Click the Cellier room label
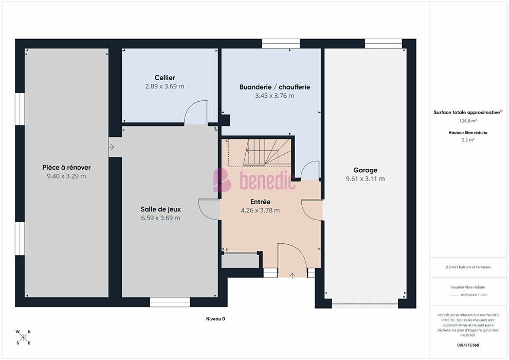[x=165, y=78]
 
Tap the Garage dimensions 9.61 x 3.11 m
[x=365, y=179]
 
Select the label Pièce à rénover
[x=66, y=168]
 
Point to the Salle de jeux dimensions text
[x=160, y=218]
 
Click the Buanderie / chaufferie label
[x=275, y=87]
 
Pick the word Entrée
[x=260, y=202]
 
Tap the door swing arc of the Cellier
[x=195, y=112]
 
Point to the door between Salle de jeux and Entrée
[x=209, y=209]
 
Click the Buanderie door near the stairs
[x=310, y=170]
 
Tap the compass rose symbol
[x=23, y=337]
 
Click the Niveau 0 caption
[x=215, y=319]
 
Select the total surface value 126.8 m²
[x=468, y=121]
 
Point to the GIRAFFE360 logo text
[x=468, y=345]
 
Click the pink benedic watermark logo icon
[x=222, y=179]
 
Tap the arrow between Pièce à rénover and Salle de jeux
[x=112, y=147]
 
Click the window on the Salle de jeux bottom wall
[x=170, y=302]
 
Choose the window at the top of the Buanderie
[x=281, y=44]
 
